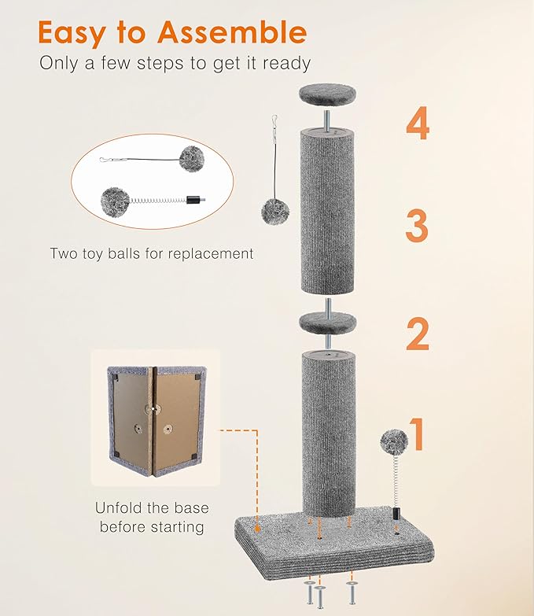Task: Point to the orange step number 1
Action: coord(418,433)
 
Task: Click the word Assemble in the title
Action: coord(232,33)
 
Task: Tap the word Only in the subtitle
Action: coord(61,63)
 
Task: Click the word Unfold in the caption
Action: coord(117,507)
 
